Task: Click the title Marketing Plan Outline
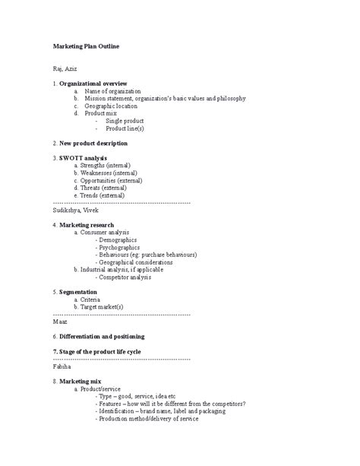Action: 86,47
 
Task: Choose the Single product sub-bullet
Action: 125,121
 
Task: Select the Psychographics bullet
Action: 120,247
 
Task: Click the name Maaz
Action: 61,322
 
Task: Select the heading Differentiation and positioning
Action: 101,336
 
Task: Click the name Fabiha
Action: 63,366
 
